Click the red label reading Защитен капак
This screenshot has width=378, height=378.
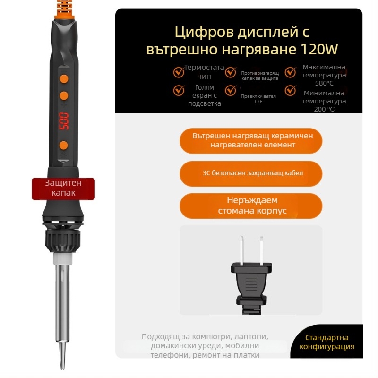point(63,188)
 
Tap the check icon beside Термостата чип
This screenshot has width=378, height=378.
point(179,72)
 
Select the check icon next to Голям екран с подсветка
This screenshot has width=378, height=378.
point(179,90)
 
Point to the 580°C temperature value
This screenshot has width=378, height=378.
point(324,83)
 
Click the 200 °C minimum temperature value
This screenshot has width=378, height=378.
point(324,109)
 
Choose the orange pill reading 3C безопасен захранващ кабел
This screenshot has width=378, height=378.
point(251,173)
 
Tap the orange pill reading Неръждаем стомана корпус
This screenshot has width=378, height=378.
point(251,206)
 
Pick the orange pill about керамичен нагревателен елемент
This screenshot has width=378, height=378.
point(251,140)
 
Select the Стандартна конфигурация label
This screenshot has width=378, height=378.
point(327,342)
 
